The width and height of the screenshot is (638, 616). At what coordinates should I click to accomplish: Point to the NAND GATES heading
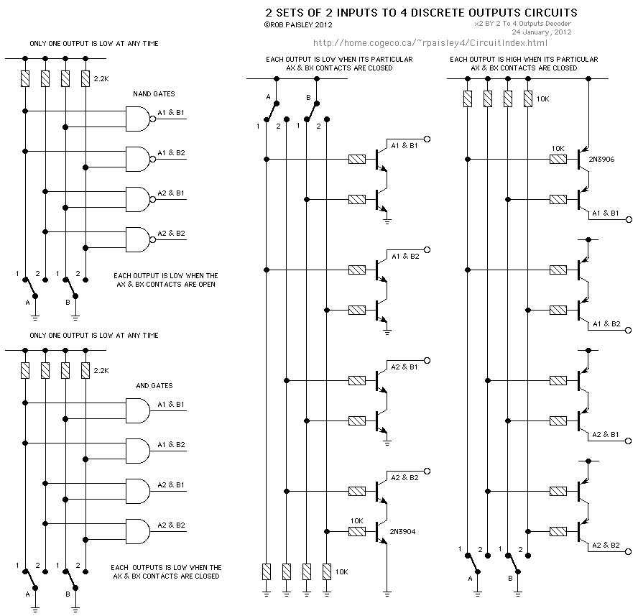pos(154,94)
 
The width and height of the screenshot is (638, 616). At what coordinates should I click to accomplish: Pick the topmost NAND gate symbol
pos(138,119)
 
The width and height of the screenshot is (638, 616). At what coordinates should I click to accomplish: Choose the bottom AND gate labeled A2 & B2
pos(138,531)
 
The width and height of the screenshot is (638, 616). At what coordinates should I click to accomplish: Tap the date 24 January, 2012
pos(541,32)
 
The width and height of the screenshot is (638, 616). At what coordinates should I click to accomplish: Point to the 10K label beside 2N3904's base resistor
pos(357,520)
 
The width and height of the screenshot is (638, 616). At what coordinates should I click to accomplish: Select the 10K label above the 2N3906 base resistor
pos(558,148)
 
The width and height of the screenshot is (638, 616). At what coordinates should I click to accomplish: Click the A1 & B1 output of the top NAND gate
pos(171,112)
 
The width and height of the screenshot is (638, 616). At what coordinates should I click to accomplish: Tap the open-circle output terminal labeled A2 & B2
pos(427,471)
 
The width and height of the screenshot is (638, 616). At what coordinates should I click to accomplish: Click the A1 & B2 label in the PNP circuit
pos(606,324)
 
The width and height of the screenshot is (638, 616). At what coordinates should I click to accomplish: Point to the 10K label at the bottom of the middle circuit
pos(341,572)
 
